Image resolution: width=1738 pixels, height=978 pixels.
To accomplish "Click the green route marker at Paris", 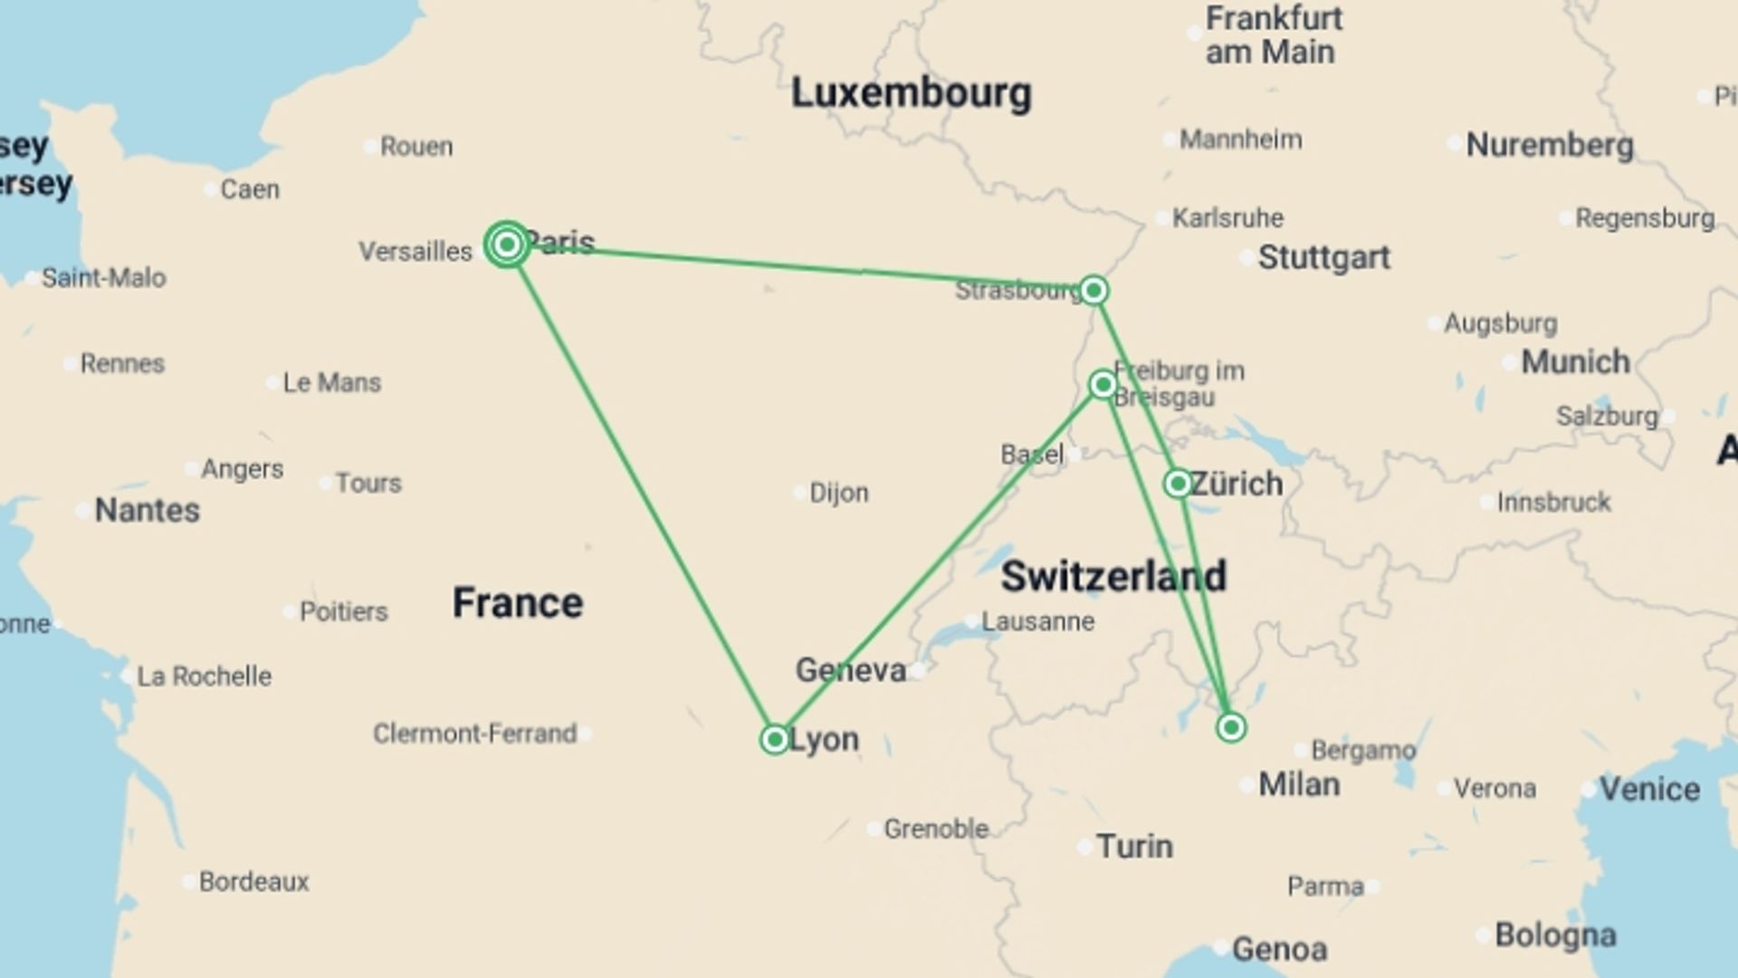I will click(507, 244).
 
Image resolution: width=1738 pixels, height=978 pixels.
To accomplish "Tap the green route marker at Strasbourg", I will click(1093, 291).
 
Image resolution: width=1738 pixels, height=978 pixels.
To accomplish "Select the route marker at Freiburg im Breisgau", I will click(1103, 385).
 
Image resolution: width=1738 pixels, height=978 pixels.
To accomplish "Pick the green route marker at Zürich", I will click(1178, 484).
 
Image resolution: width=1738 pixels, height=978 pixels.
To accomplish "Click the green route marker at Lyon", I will click(775, 740).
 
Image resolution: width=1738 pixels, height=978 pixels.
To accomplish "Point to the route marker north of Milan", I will click(1231, 727).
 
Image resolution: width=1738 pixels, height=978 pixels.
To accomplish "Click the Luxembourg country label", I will click(911, 93).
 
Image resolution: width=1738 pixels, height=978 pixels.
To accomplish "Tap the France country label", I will click(518, 603).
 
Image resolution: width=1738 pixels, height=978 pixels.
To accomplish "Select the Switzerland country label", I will click(1113, 576).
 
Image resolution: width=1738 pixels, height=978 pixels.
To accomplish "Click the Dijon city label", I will click(838, 493).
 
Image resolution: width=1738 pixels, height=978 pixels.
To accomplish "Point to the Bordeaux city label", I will click(253, 881).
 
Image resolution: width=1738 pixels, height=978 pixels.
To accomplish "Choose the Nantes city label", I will click(147, 511).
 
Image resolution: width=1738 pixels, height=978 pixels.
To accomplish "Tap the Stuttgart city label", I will click(1323, 257).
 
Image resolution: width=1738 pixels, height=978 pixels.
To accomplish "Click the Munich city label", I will click(1575, 362).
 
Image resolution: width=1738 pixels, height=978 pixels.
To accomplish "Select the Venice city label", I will click(1649, 789).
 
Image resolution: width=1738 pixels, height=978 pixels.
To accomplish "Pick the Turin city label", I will click(1134, 847).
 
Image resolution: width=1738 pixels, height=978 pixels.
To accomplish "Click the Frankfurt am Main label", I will click(1273, 35).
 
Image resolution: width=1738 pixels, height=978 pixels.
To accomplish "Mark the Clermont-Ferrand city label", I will click(474, 733).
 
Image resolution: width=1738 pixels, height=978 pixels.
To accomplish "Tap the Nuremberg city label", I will click(1550, 145).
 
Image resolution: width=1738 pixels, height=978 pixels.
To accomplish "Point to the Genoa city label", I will click(1279, 949).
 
